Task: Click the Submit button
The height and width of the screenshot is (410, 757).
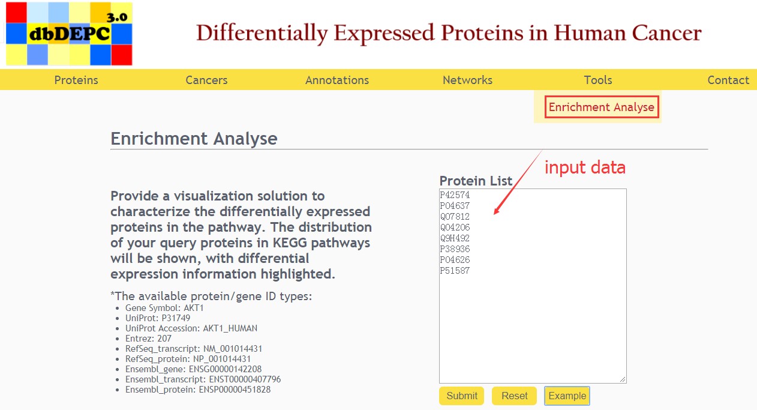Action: click(462, 396)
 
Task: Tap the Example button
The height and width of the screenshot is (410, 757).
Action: click(567, 396)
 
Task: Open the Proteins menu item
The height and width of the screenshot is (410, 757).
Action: click(76, 80)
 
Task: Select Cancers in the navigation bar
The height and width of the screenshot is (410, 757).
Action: click(206, 80)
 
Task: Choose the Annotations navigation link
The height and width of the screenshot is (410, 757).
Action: click(337, 80)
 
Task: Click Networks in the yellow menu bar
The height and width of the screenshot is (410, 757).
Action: click(467, 80)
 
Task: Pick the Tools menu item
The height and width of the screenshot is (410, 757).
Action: click(598, 80)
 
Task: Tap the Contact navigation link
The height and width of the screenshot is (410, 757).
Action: click(728, 80)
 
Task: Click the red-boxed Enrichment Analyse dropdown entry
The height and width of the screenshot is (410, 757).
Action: click(602, 107)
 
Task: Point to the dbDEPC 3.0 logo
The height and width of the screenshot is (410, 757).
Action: click(69, 34)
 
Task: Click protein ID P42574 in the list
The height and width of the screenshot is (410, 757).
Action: click(455, 195)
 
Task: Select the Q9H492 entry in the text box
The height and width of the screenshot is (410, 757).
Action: click(455, 238)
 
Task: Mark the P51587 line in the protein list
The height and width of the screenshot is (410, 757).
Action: click(455, 271)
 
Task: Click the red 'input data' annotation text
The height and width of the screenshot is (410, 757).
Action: click(585, 167)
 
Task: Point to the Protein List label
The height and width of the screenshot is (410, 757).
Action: click(476, 181)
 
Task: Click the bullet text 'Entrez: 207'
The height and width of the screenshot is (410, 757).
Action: click(148, 339)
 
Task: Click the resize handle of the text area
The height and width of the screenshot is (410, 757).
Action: click(623, 379)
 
